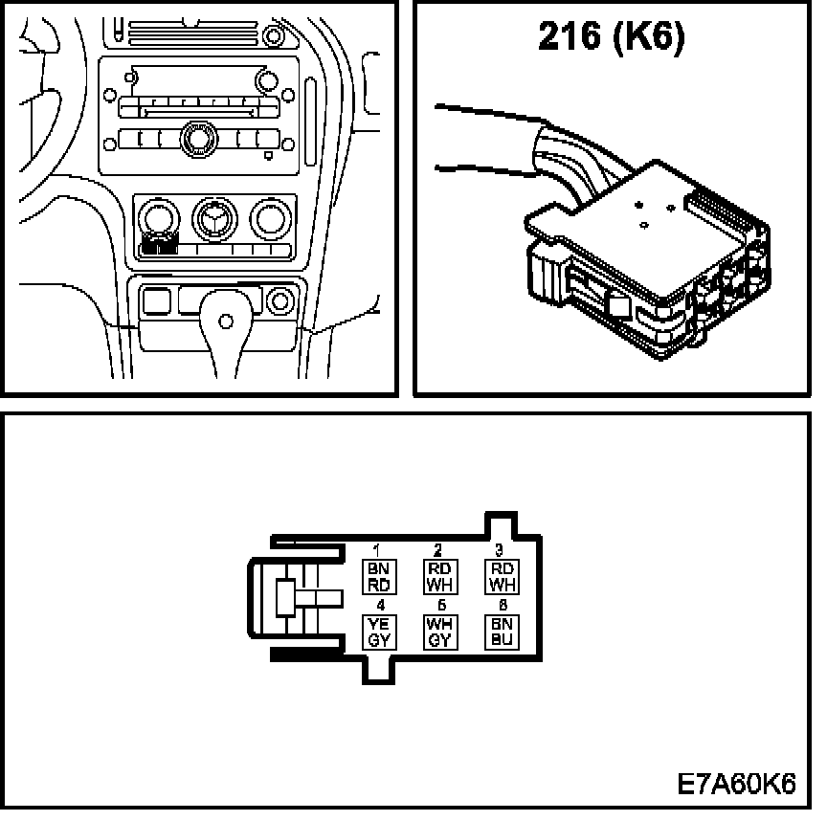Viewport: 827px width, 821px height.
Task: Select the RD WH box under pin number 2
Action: (437, 577)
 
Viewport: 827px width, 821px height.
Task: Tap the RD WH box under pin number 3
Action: (502, 577)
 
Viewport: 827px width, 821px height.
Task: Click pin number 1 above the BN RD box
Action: (377, 551)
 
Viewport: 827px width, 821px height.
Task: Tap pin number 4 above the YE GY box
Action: (380, 606)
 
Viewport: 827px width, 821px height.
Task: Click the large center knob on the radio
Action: (199, 137)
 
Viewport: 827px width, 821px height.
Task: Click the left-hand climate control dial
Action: (155, 219)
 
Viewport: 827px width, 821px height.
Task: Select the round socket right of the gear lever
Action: (280, 301)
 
